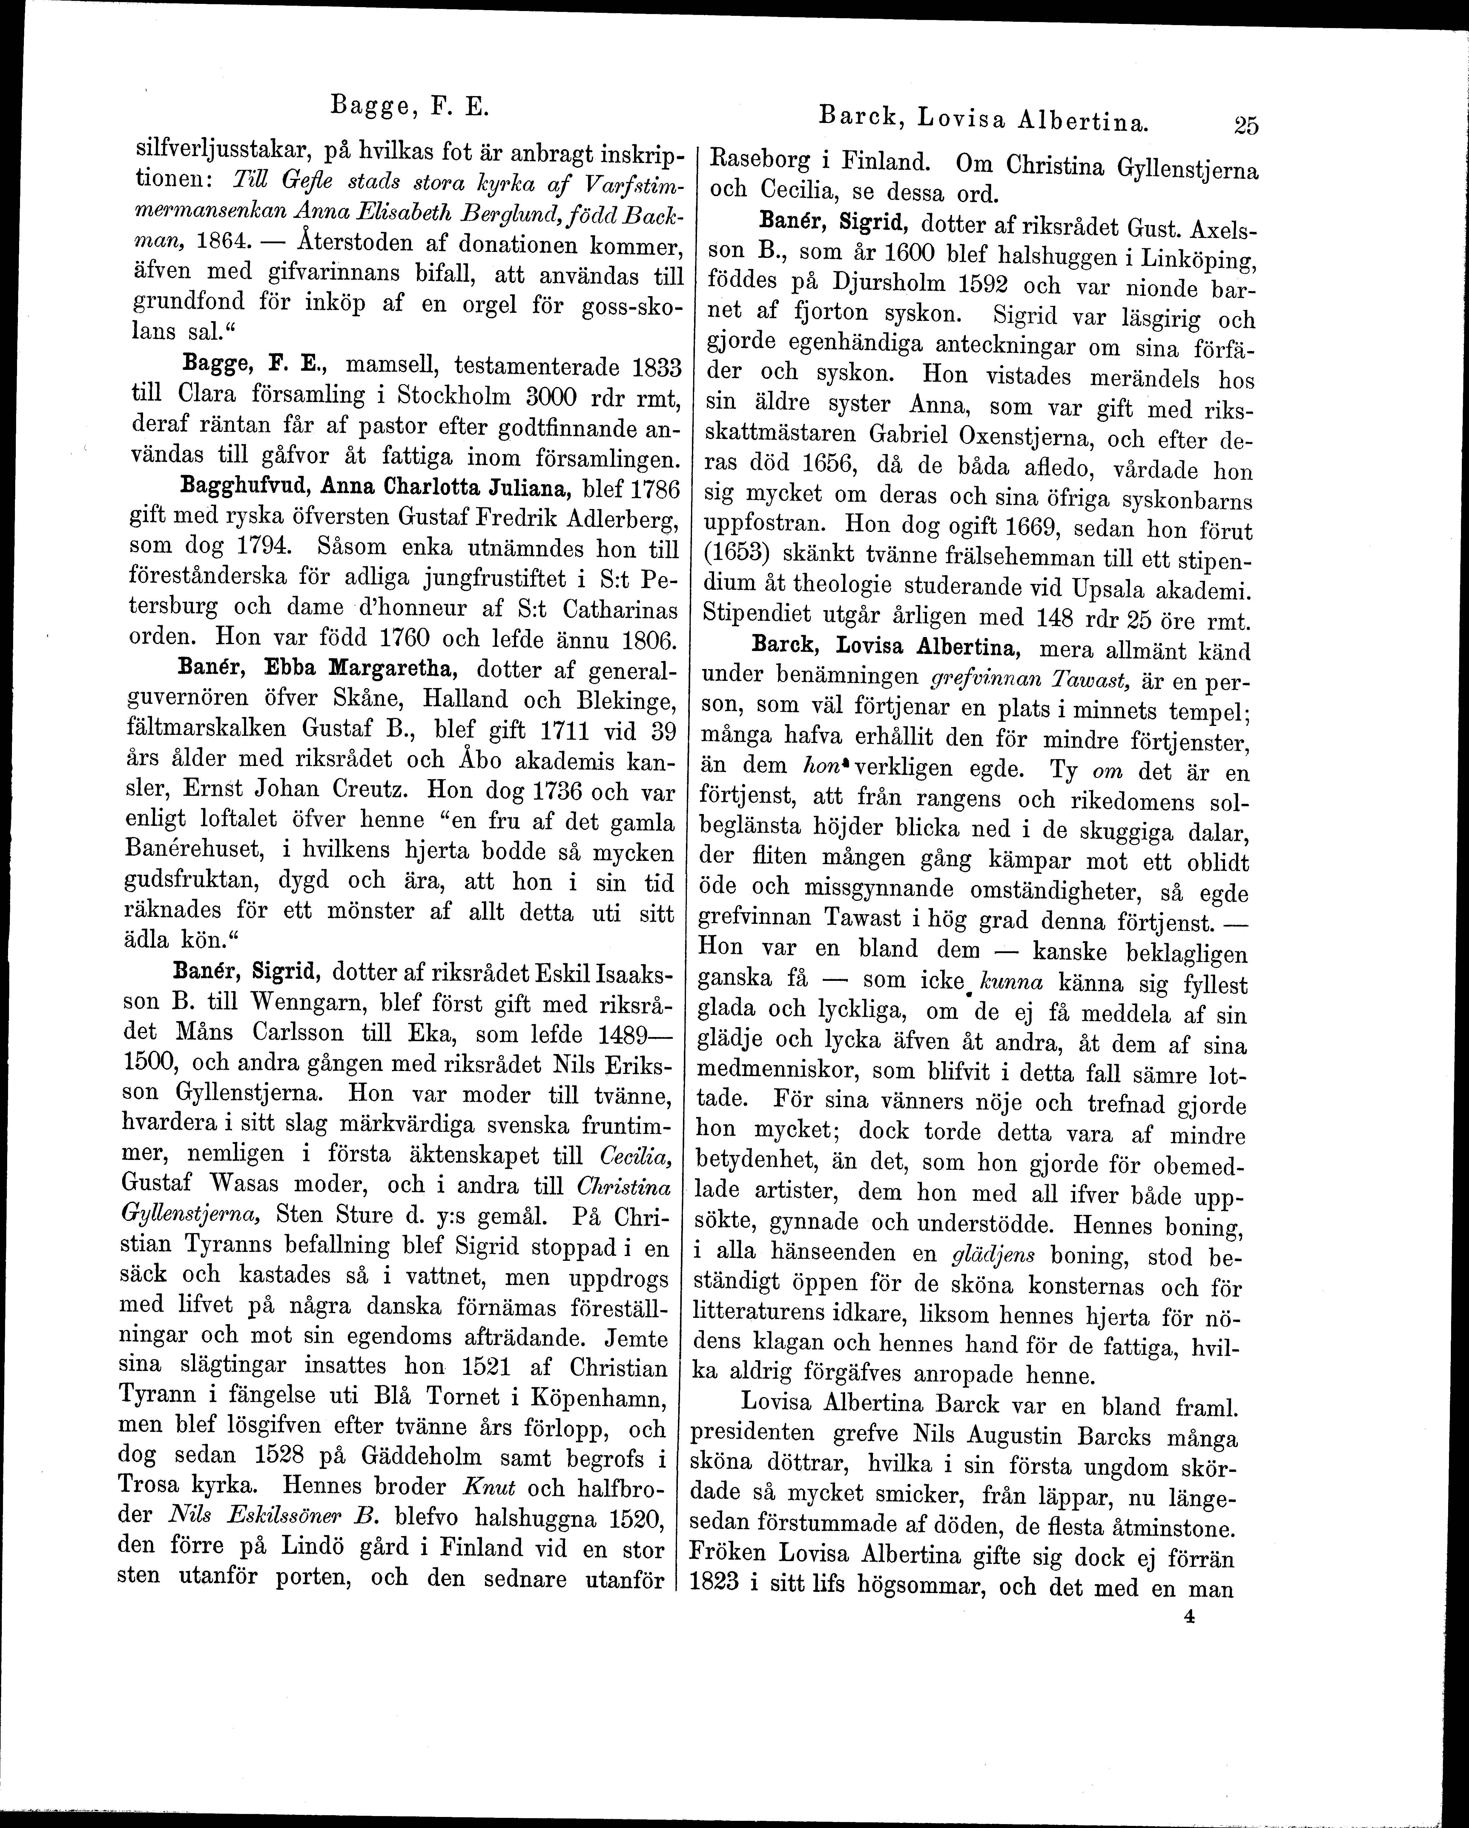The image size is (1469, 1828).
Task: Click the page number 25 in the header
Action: click(x=1246, y=125)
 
